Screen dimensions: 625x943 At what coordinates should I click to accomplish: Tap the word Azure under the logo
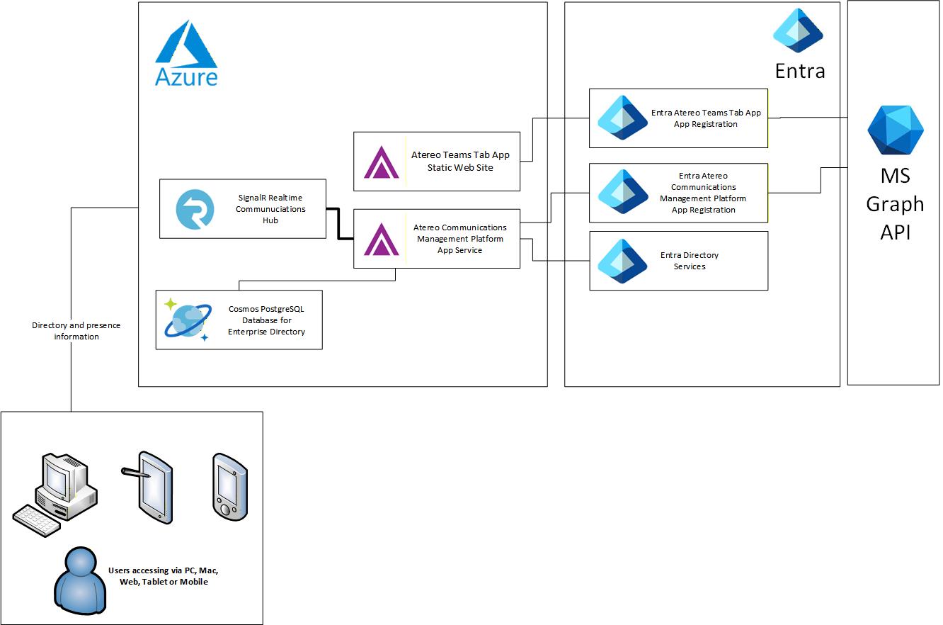tap(186, 77)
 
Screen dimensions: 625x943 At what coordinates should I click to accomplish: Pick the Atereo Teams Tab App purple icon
tap(381, 162)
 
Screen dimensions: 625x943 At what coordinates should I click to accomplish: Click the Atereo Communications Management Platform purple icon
tap(381, 239)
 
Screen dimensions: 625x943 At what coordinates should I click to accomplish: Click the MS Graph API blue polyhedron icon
tap(895, 130)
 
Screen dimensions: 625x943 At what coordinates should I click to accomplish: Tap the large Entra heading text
tap(800, 71)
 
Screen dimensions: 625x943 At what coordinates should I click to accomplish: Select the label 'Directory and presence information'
tap(76, 331)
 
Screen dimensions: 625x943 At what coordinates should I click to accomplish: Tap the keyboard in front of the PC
tap(37, 521)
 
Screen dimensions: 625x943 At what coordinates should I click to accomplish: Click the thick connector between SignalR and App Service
tap(338, 223)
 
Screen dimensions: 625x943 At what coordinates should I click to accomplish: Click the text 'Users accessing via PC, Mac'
tap(168, 570)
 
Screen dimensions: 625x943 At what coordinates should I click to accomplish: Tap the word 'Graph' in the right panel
tap(895, 204)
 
